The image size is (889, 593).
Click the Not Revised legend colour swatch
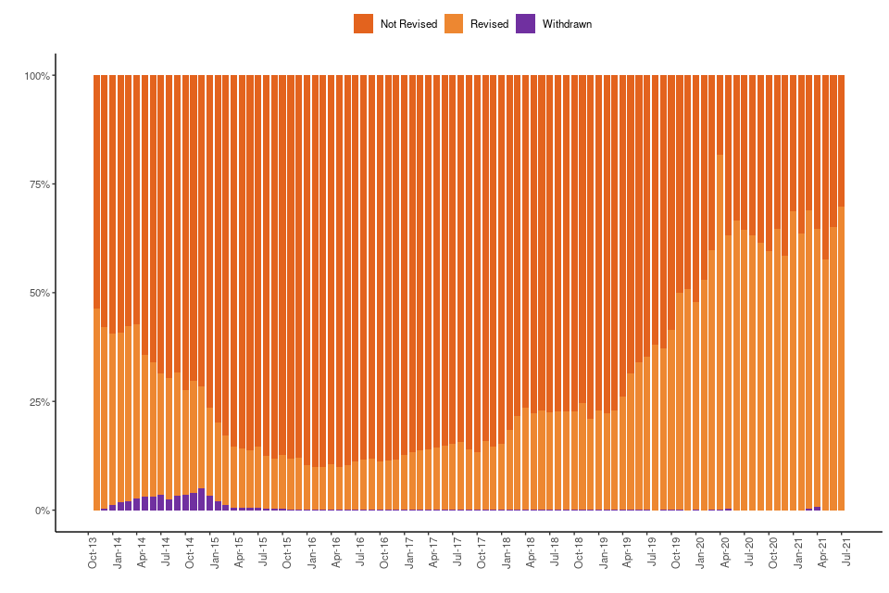pos(363,24)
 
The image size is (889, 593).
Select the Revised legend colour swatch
pos(454,24)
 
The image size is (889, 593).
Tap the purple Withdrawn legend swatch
pos(525,24)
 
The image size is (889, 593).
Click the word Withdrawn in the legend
pos(567,24)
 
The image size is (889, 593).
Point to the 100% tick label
pos(37,75)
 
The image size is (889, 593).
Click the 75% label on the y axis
pos(39,184)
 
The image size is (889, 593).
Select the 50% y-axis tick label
pos(39,293)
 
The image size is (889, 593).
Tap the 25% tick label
pos(39,402)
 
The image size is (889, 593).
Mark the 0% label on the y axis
pos(42,511)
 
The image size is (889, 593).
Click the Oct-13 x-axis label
pos(93,551)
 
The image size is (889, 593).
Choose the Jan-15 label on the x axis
pos(214,551)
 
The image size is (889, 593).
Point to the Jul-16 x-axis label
pos(359,551)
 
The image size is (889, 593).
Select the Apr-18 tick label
pos(530,551)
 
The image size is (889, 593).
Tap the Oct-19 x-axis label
pos(675,551)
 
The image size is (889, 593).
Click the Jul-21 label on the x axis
pos(845,551)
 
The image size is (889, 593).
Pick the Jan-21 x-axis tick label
pos(797,551)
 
